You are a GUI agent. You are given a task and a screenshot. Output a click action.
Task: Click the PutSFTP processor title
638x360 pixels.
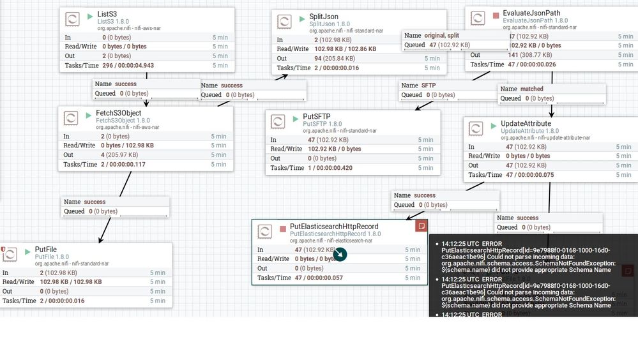click(x=317, y=117)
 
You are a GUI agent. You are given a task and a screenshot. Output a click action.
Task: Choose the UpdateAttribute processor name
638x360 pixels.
click(x=526, y=123)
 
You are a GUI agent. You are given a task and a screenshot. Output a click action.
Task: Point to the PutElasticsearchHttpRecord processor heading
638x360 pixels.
click(x=333, y=227)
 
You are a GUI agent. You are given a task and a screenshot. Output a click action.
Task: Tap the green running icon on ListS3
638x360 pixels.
click(x=89, y=14)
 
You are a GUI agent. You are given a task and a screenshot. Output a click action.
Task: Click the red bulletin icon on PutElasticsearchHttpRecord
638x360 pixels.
click(x=421, y=226)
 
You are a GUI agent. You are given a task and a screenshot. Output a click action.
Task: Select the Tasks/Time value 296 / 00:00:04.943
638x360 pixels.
click(x=128, y=65)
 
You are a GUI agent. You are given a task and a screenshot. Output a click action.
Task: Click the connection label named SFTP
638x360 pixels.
click(x=429, y=85)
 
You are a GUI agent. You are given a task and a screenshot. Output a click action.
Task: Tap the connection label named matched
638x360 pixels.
click(x=531, y=89)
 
